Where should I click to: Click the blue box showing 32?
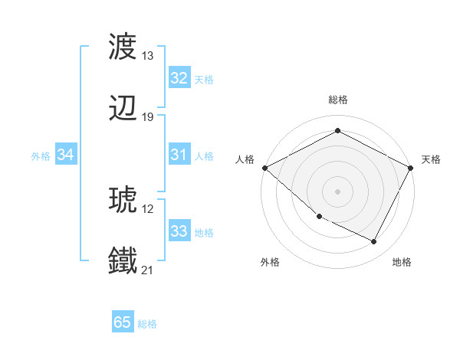pyautogui.click(x=179, y=78)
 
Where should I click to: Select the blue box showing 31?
pyautogui.click(x=179, y=155)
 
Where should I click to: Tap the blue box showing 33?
pyautogui.click(x=179, y=231)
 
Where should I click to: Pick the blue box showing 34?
pyautogui.click(x=66, y=155)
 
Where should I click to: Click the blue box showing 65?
pyautogui.click(x=123, y=322)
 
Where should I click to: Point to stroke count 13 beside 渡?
pyautogui.click(x=148, y=56)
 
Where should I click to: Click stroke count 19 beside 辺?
pyautogui.click(x=148, y=117)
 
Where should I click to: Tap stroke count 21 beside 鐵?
pyautogui.click(x=148, y=270)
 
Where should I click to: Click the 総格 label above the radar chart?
pyautogui.click(x=337, y=100)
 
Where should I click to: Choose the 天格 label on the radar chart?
pyautogui.click(x=431, y=159)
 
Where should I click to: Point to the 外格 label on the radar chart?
pyautogui.click(x=270, y=262)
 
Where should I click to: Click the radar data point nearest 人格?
pyautogui.click(x=264, y=168)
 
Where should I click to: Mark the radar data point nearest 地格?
pyautogui.click(x=374, y=242)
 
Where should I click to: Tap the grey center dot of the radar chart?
pyautogui.click(x=337, y=191)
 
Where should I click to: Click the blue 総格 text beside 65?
pyautogui.click(x=147, y=324)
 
